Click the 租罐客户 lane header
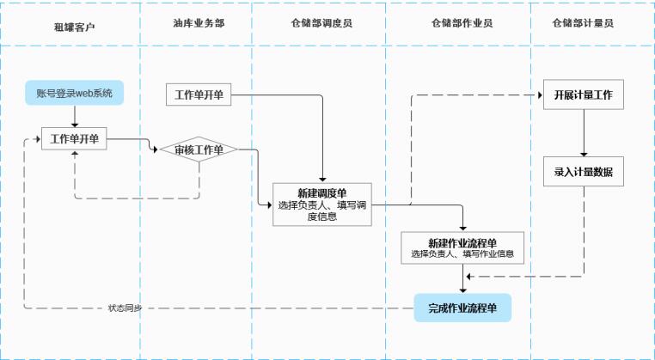74,26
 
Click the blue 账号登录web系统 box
75,92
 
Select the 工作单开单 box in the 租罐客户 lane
75,138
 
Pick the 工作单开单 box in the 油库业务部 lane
199,95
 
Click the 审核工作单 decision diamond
199,150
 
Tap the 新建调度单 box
322,204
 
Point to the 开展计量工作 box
584,95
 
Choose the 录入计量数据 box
584,171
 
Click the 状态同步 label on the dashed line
125,308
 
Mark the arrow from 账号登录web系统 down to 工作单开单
75,116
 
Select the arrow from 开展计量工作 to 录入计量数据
584,132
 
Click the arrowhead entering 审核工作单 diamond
156,149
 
